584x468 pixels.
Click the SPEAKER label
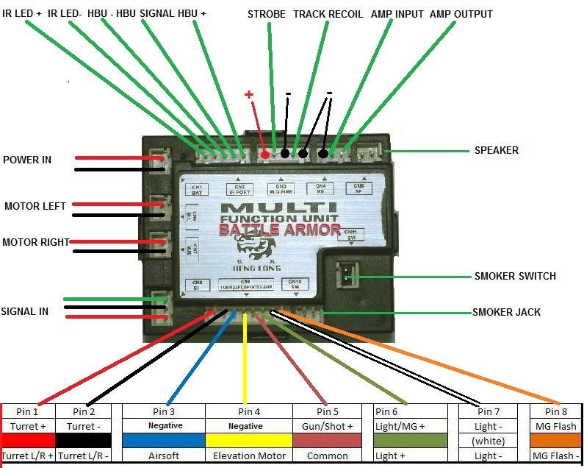click(x=497, y=151)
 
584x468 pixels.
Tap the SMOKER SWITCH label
click(x=514, y=277)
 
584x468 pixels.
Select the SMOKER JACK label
click(x=506, y=313)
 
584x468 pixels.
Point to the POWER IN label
click(x=27, y=160)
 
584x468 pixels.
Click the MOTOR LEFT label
click(x=35, y=206)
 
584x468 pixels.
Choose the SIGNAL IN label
click(x=24, y=311)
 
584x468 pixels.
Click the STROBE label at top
click(x=267, y=14)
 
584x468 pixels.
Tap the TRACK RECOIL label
click(x=328, y=14)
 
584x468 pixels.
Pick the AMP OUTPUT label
click(x=461, y=14)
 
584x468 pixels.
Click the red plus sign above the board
click(x=249, y=94)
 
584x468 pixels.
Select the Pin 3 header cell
click(x=164, y=411)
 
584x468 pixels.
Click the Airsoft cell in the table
click(x=164, y=455)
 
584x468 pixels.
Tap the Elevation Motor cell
click(x=249, y=455)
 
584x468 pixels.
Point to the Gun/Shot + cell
click(x=328, y=426)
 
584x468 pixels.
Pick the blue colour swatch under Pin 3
click(x=164, y=440)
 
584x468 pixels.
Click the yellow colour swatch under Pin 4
click(x=249, y=440)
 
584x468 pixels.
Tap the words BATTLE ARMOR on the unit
click(x=279, y=230)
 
